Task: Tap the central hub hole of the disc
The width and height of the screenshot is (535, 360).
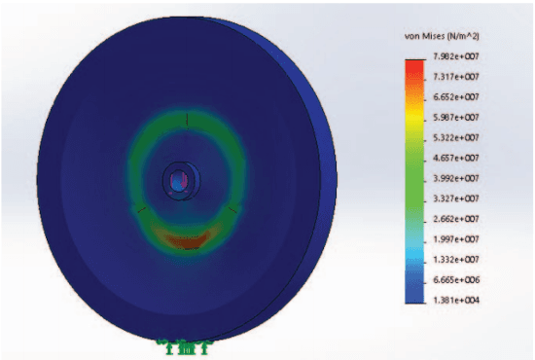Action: click(x=177, y=180)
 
